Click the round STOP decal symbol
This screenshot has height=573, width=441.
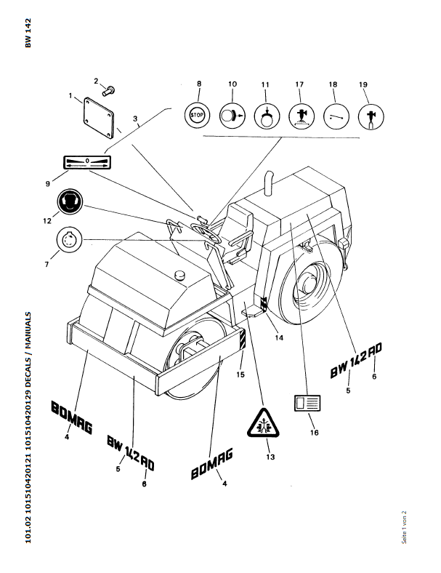pos(197,116)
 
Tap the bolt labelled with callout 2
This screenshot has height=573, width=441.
pos(109,91)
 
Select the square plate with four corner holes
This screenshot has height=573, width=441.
pos(99,118)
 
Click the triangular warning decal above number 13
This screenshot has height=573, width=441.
pos(263,422)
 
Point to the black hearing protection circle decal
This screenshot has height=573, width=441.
pos(70,201)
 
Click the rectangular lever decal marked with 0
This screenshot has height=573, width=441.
pos(87,163)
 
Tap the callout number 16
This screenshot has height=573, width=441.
pos(315,433)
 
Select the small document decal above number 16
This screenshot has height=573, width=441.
pos(307,403)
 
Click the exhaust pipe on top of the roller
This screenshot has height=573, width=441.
pos(269,183)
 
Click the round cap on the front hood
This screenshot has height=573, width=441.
pos(180,275)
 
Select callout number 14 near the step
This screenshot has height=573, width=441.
pos(279,337)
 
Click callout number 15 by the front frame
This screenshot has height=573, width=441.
pos(240,374)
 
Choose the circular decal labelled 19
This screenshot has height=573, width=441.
pos(371,116)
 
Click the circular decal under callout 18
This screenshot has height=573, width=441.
pos(336,116)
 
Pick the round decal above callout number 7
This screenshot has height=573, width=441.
pos(70,239)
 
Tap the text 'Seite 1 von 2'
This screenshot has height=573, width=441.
pos(404,527)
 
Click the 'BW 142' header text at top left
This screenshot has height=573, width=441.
pos(28,33)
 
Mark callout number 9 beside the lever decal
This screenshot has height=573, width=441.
pos(48,183)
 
